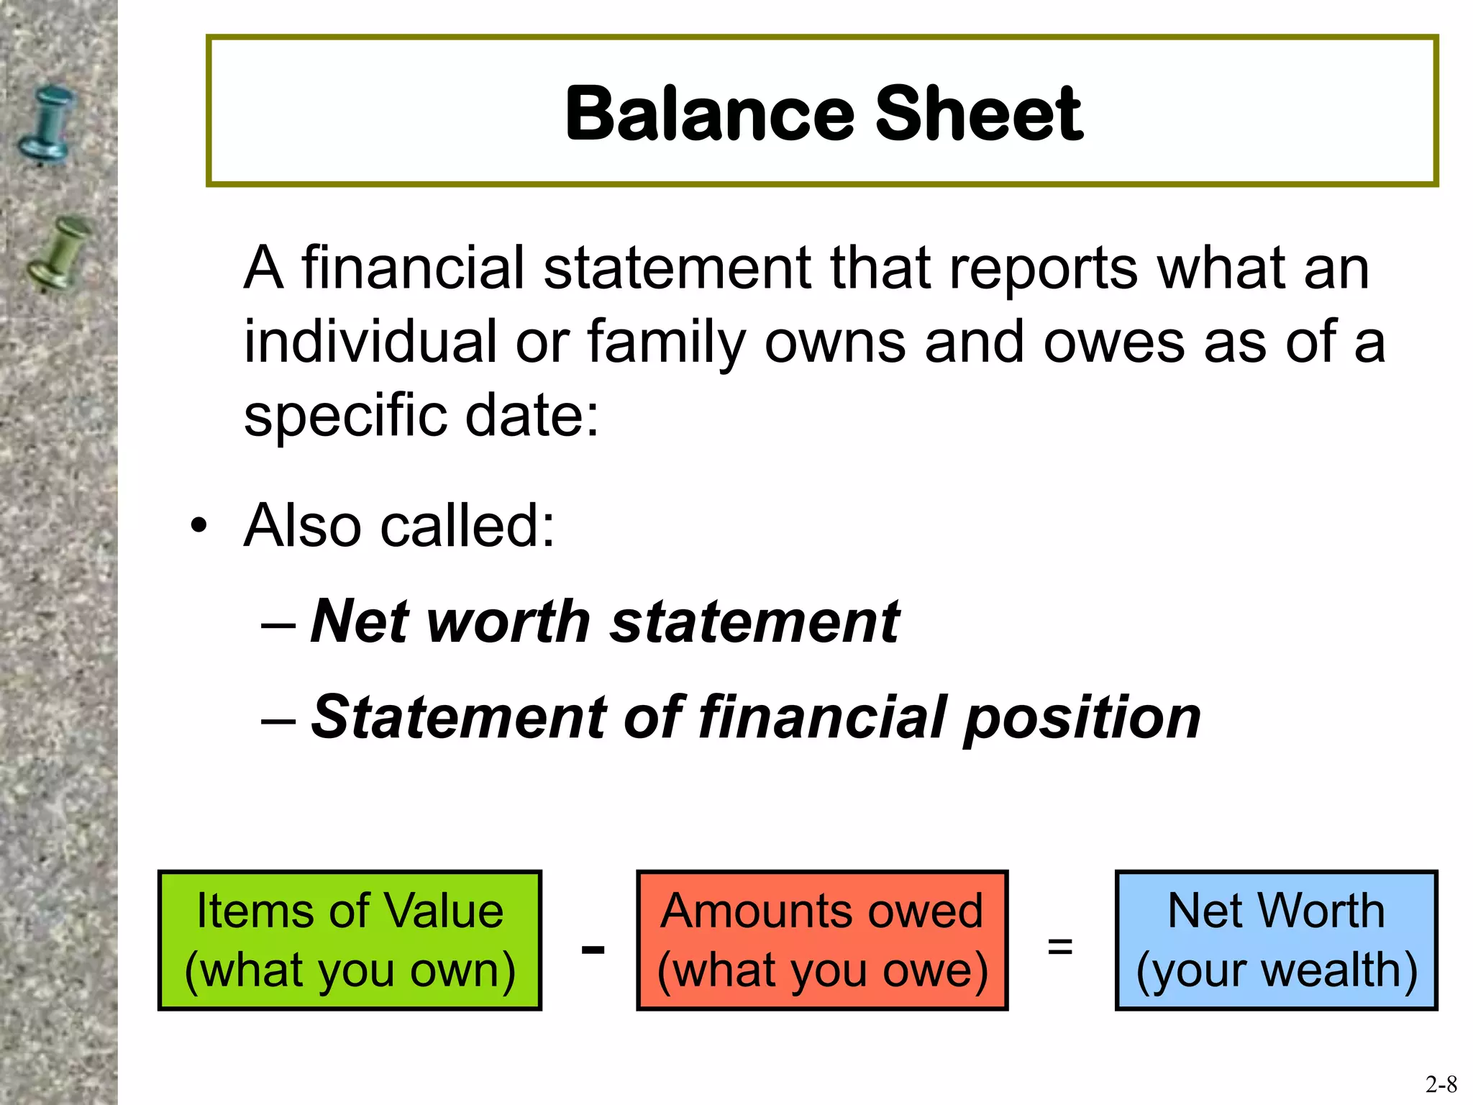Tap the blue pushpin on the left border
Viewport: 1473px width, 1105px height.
tap(46, 124)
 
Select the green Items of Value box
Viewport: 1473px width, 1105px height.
tap(350, 940)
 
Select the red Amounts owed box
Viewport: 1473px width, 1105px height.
tap(822, 940)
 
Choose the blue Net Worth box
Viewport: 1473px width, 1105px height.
tap(1276, 940)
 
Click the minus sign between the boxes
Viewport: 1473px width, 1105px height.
tap(593, 950)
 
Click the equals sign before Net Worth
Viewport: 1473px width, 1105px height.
tap(1060, 945)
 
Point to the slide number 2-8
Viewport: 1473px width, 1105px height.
tap(1441, 1083)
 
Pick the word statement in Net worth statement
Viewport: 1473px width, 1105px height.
tap(755, 622)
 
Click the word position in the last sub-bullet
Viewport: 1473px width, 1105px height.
tap(1082, 718)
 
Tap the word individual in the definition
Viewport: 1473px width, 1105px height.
tap(370, 341)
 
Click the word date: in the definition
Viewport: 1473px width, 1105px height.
tap(532, 415)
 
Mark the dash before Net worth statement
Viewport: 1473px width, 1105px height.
tap(278, 623)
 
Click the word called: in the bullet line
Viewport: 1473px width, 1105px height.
tap(468, 525)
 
